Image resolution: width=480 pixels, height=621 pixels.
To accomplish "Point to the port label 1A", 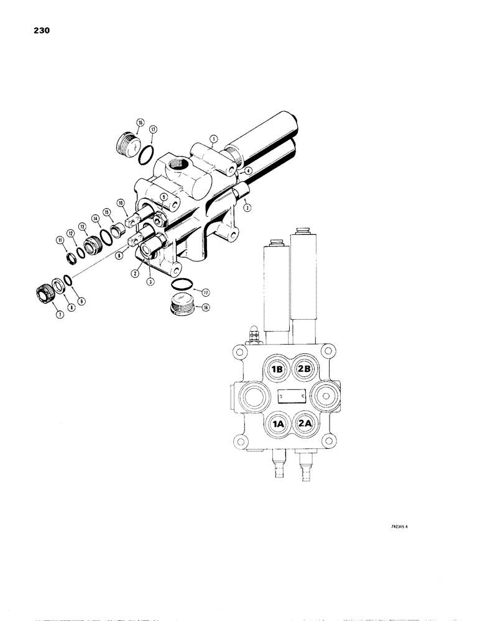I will point(277,424).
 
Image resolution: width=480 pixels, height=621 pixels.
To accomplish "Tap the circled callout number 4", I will point(248,171).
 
